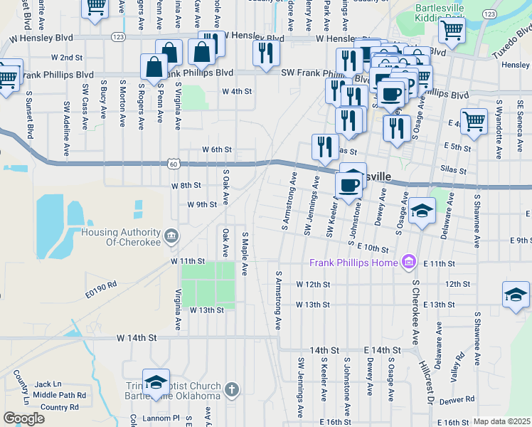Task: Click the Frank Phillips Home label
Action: pyautogui.click(x=353, y=263)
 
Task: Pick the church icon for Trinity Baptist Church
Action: pyautogui.click(x=230, y=389)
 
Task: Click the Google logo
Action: pyautogui.click(x=24, y=418)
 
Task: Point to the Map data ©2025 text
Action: pyautogui.click(x=501, y=421)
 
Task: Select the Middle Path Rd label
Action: pyautogui.click(x=59, y=395)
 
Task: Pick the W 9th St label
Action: pyautogui.click(x=201, y=204)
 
